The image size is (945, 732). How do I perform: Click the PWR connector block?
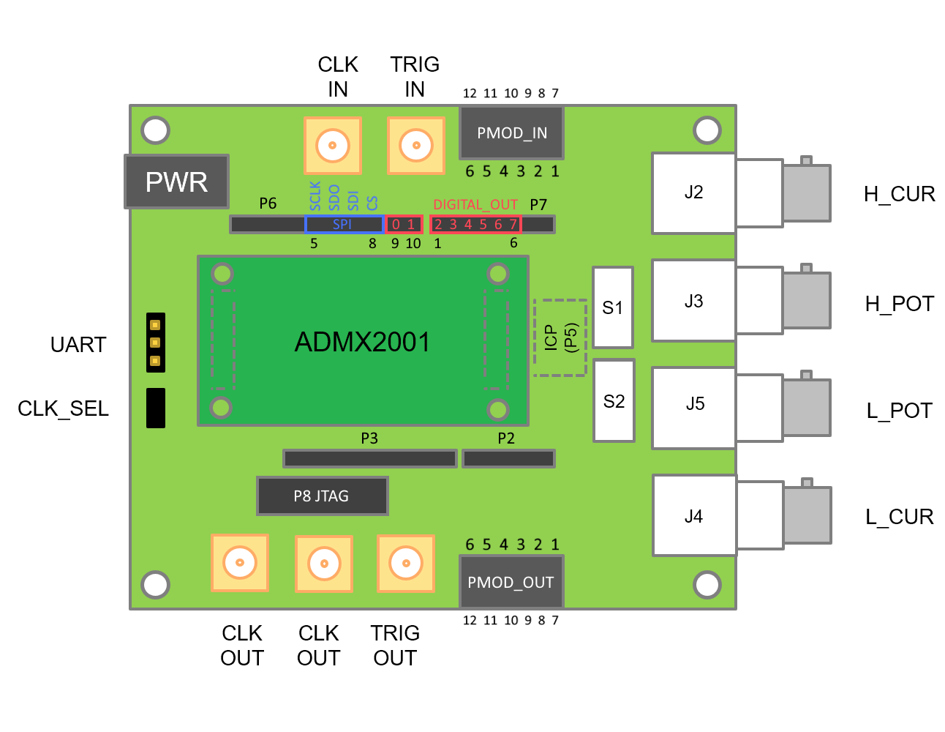176,182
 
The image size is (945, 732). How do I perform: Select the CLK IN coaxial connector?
333,146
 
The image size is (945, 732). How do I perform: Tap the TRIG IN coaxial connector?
416,146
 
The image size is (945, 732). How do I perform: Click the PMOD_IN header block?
511,132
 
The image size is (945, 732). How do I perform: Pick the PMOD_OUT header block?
511,582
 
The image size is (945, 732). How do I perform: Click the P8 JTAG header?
322,496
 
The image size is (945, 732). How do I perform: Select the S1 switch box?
613,307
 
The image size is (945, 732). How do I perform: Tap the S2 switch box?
614,401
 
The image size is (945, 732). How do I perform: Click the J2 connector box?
693,193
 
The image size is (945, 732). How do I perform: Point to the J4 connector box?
694,516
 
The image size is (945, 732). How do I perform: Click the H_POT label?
899,304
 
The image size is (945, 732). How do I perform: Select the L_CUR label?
899,517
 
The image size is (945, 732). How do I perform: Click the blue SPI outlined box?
344,224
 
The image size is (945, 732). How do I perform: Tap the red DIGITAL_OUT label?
475,205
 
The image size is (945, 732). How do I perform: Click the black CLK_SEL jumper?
156,408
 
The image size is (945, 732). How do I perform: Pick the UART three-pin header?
156,343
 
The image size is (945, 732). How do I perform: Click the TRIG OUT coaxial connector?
406,563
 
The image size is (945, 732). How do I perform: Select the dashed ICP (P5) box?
560,337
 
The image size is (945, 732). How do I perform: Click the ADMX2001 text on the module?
362,342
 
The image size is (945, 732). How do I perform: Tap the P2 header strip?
508,459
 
